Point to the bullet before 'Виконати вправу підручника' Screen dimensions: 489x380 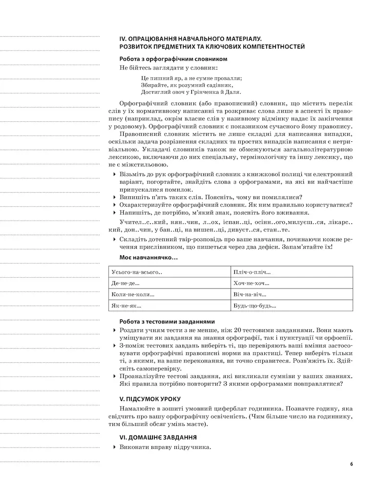(x=115, y=447)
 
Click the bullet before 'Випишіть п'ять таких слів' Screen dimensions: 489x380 (x=115, y=197)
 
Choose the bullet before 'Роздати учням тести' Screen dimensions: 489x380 (x=115, y=331)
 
